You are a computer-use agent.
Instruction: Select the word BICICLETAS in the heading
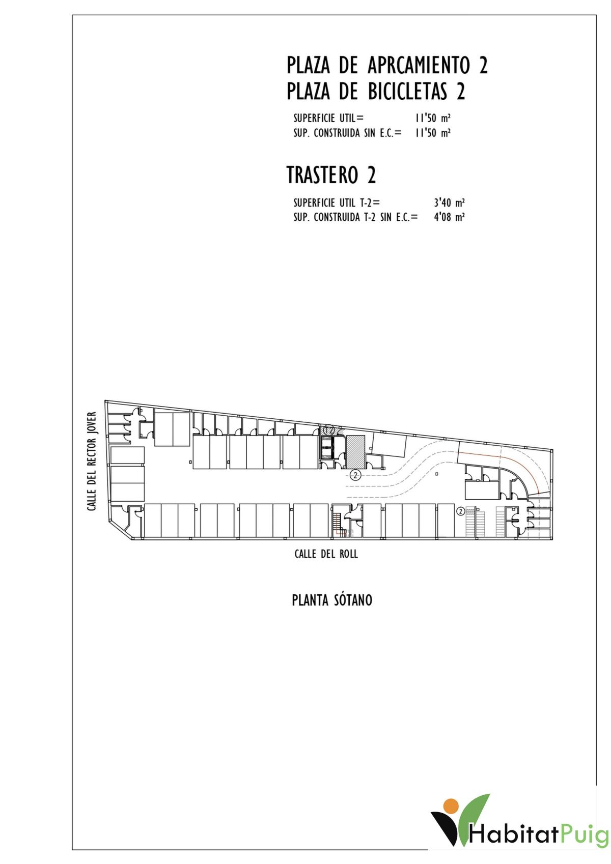[408, 92]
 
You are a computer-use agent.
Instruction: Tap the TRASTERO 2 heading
[331, 175]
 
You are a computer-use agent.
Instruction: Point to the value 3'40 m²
[449, 203]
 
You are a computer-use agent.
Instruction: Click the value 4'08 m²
[449, 217]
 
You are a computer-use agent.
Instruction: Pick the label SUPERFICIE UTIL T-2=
[337, 203]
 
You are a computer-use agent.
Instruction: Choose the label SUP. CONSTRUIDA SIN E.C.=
[347, 133]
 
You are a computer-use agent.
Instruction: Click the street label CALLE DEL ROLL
[326, 554]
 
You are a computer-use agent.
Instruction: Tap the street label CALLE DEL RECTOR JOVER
[92, 462]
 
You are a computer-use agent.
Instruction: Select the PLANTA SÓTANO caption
[332, 600]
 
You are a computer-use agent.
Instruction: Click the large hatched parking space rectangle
[355, 451]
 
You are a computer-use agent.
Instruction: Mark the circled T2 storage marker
[329, 429]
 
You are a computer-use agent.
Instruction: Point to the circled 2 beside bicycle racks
[460, 511]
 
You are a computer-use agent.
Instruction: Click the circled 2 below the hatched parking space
[355, 476]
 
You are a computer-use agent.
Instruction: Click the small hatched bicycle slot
[470, 511]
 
